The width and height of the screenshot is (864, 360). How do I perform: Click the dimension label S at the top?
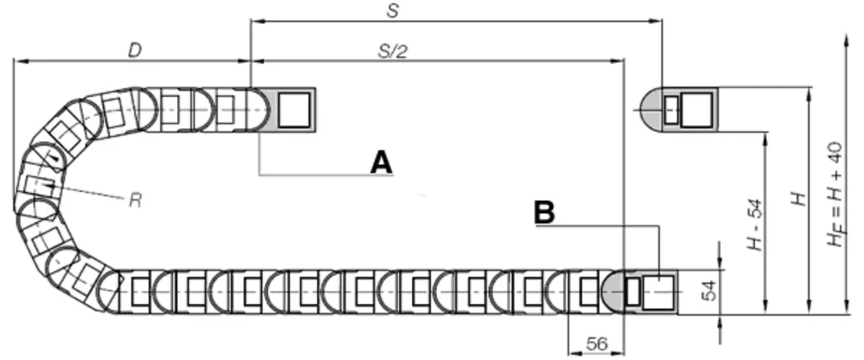392,11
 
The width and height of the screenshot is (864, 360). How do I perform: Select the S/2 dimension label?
392,51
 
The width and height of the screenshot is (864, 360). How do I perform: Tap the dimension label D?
135,50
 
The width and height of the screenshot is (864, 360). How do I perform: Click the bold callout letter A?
381,163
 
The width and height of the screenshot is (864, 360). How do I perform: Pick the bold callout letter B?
544,212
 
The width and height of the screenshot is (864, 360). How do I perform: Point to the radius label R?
135,201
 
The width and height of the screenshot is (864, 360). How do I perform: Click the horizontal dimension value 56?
596,343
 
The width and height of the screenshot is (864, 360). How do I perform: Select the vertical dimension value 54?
708,291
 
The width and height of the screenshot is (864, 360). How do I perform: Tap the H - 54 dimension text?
755,225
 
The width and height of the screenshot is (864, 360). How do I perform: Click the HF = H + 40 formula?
836,194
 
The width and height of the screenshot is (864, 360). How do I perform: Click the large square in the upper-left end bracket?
294,110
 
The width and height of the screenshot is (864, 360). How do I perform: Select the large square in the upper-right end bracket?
697,110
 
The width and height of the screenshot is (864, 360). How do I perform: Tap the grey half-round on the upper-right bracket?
652,110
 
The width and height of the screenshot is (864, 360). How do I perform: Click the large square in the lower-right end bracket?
658,293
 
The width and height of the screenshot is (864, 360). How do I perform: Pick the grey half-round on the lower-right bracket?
613,292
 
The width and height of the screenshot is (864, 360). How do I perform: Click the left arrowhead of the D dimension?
19,61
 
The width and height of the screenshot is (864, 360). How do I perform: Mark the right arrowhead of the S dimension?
657,21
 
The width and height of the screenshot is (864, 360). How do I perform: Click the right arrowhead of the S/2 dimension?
618,61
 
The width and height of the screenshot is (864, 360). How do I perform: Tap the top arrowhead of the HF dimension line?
846,40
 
